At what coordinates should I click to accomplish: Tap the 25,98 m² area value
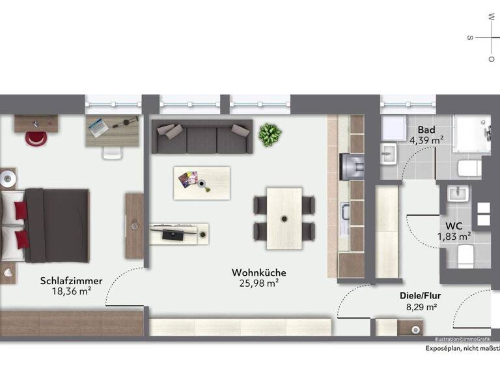pos(259,283)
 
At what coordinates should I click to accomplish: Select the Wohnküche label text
pos(259,272)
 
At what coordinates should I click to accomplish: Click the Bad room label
pos(426,129)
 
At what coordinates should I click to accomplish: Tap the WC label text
pos(454,226)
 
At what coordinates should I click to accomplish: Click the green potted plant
pos(270,135)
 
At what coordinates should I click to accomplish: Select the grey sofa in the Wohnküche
pos(201,136)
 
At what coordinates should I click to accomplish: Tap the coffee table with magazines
pos(201,182)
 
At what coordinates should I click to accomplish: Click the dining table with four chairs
pos(284,218)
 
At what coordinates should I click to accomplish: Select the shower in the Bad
pos(471,136)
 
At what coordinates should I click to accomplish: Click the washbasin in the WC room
pos(458,194)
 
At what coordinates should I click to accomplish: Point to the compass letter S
pos(469,37)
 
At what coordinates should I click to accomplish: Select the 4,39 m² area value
pos(426,139)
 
